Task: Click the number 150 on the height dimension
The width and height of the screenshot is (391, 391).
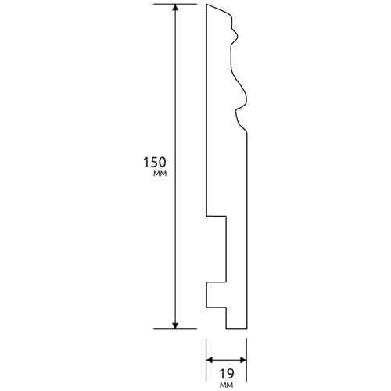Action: [x=154, y=162]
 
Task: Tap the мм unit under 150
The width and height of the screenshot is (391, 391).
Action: [x=160, y=174]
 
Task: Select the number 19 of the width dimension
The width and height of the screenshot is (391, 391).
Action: [x=227, y=374]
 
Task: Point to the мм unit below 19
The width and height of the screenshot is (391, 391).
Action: [x=227, y=385]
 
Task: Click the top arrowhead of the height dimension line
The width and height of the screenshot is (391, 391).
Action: [x=176, y=7]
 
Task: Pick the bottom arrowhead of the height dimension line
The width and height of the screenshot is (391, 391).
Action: [x=176, y=326]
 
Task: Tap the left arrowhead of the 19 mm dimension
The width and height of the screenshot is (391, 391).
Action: [x=210, y=361]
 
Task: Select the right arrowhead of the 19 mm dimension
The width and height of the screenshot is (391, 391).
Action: [x=243, y=361]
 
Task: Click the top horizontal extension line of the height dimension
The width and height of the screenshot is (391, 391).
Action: [x=175, y=4]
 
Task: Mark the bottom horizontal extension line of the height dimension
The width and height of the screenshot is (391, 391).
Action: [x=175, y=329]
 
